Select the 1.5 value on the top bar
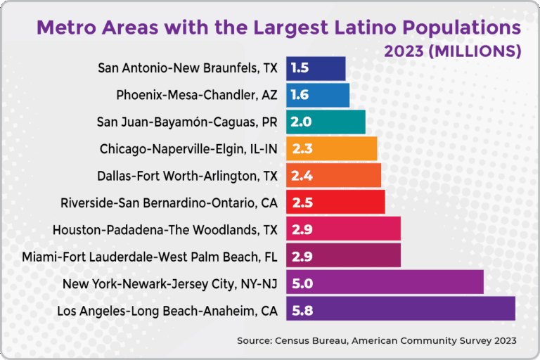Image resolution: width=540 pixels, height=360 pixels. [300, 68]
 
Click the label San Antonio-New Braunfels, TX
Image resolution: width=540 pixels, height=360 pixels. [188, 68]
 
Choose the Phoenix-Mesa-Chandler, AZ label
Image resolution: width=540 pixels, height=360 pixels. [197, 95]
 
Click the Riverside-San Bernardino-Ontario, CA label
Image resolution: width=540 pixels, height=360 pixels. [169, 202]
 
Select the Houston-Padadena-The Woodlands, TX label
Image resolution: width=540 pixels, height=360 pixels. [165, 229]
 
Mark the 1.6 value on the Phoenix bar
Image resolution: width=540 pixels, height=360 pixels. [300, 95]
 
